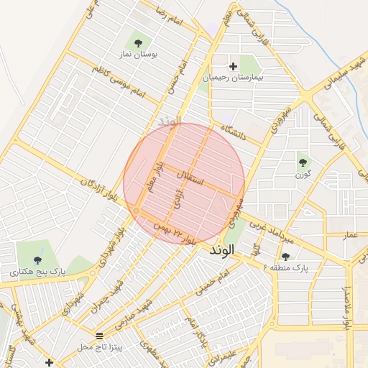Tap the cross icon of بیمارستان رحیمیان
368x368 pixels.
233,66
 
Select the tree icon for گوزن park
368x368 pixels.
303,162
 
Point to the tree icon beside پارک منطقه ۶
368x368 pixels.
285,257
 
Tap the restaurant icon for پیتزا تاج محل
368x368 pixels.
99,336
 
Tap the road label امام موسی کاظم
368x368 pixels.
119,81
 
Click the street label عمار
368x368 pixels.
350,235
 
